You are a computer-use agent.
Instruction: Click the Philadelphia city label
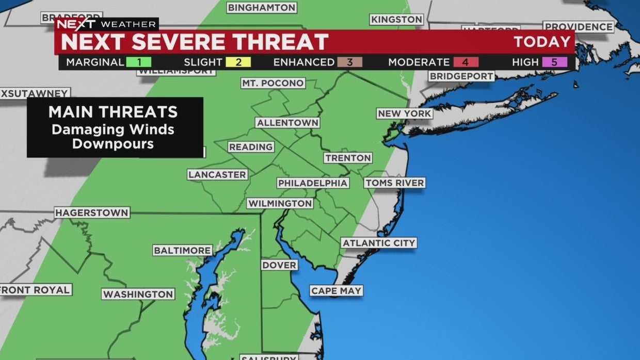[x=313, y=183]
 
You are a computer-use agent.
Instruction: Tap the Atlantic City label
[x=379, y=243]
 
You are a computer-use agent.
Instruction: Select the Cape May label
[x=337, y=291]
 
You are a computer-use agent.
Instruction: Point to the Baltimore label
[x=183, y=251]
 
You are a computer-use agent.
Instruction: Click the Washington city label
[x=138, y=294]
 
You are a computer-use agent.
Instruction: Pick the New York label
[x=404, y=113]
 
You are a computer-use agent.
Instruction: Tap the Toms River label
[x=394, y=183]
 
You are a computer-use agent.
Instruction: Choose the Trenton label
[x=348, y=158]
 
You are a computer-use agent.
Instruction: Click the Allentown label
[x=287, y=123]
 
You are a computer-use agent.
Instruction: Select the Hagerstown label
[x=92, y=212]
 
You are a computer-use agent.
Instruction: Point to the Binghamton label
[x=262, y=8]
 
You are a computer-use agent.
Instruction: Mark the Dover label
[x=279, y=265]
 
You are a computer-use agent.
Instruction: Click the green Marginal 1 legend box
[x=138, y=62]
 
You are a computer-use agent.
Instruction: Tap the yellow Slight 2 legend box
[x=238, y=62]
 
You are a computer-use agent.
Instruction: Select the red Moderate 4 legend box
[x=466, y=62]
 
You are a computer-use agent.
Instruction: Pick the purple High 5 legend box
[x=554, y=62]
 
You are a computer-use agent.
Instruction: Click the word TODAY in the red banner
[x=542, y=42]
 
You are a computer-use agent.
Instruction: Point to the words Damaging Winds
[x=113, y=129]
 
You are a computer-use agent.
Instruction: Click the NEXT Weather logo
[x=106, y=24]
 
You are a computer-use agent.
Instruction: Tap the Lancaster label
[x=217, y=175]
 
